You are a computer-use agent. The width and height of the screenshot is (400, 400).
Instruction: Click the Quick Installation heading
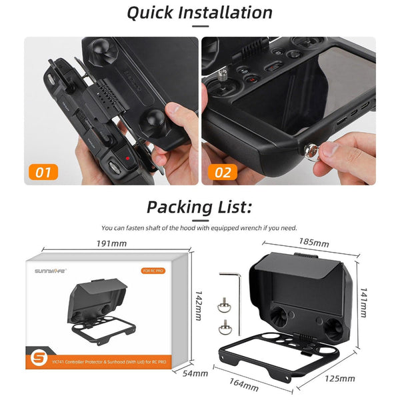point(199,13)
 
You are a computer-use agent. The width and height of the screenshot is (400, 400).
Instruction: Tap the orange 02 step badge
point(222,173)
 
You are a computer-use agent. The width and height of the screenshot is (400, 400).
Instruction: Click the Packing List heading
point(199,206)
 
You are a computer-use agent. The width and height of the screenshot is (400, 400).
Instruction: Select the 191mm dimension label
point(111,243)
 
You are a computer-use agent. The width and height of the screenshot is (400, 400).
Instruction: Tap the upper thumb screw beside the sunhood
point(221,306)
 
